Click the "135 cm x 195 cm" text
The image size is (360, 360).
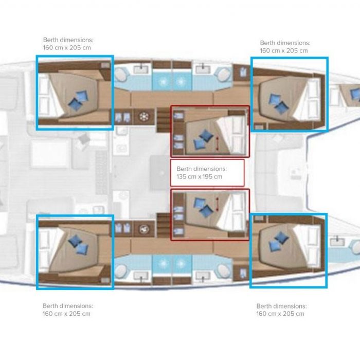[200, 176]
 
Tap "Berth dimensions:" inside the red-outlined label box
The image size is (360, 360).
[202, 169]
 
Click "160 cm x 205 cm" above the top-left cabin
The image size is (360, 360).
[67, 48]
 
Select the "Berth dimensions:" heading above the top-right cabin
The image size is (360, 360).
[285, 43]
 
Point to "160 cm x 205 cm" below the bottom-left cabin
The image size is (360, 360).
[66, 314]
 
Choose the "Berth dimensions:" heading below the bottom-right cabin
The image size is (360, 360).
[281, 306]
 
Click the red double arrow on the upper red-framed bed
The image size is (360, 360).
[217, 143]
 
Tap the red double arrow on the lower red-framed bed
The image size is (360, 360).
[217, 204]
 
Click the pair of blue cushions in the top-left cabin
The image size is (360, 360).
[78, 101]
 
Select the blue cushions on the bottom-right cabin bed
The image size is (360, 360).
[278, 241]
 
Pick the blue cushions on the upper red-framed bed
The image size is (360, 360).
[203, 139]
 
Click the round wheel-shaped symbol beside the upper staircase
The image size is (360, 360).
[144, 117]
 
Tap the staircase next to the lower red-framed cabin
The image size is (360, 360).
[164, 225]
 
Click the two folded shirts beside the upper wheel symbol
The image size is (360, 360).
[122, 117]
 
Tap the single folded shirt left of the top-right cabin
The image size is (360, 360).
[242, 72]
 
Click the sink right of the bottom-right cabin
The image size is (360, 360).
[337, 241]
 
